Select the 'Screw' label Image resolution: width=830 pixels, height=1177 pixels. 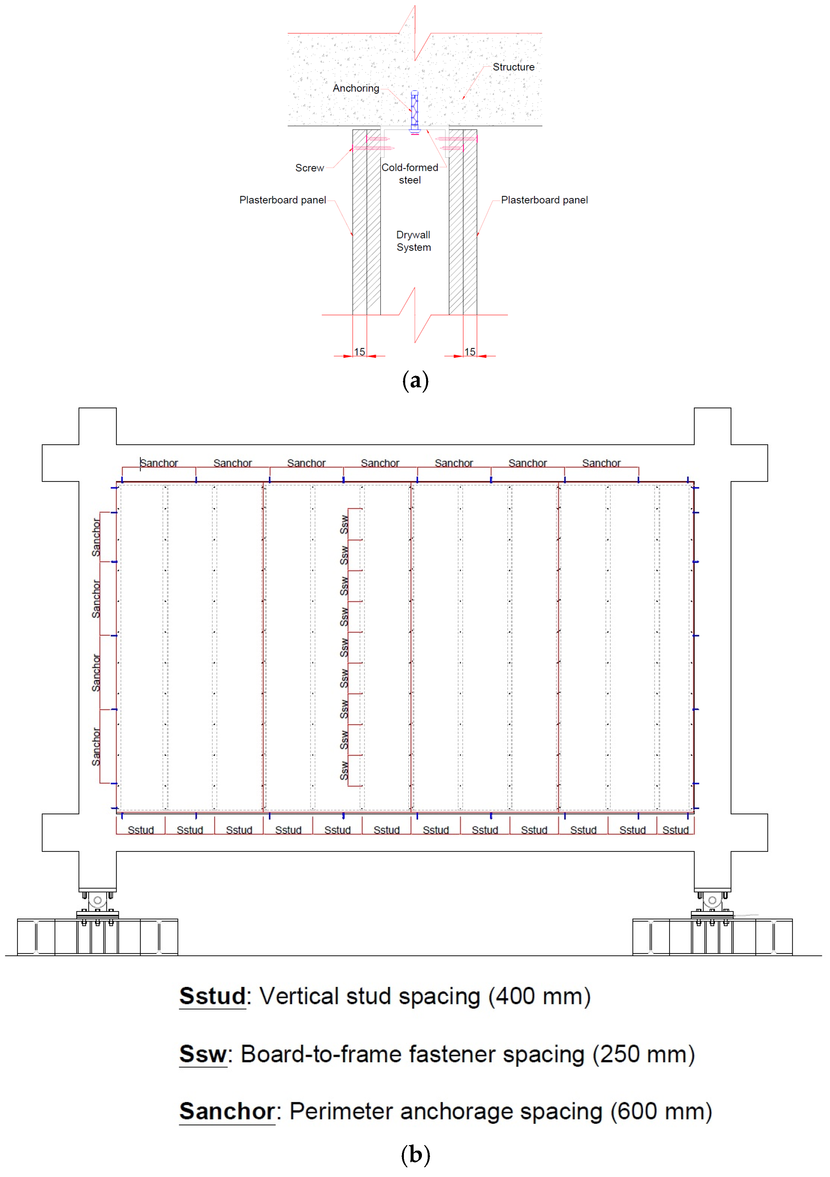point(310,168)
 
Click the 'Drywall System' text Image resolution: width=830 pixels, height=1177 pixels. point(414,241)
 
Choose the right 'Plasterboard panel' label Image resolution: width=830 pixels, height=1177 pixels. point(544,200)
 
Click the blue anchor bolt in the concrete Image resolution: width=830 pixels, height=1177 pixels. point(415,110)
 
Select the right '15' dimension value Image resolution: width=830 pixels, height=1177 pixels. point(470,352)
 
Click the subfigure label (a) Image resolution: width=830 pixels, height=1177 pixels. point(415,381)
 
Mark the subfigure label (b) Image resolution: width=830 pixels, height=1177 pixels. point(415,1154)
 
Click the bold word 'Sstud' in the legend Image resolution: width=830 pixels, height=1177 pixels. point(213,996)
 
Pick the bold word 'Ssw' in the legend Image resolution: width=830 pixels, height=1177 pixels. point(203,1054)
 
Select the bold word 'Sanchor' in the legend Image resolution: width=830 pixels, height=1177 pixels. point(227,1111)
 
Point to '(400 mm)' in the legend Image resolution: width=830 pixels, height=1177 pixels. point(539,996)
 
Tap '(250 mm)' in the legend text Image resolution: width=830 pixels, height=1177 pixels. point(644,1054)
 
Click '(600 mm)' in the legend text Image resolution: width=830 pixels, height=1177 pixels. point(661,1111)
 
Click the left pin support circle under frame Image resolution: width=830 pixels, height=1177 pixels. point(97,900)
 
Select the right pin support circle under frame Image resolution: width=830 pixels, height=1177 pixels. point(712,900)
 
